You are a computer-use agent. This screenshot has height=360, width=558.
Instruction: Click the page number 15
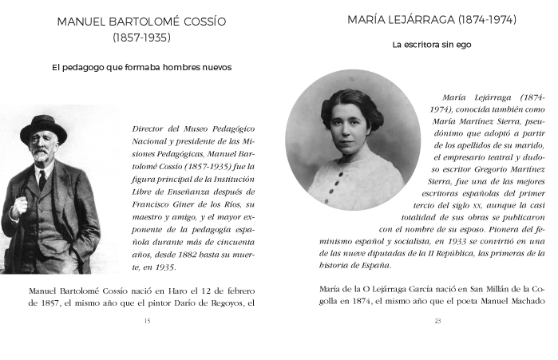click(146, 321)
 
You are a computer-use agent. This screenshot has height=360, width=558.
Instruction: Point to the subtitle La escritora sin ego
click(431, 45)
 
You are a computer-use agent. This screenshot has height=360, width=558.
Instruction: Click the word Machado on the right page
click(521, 303)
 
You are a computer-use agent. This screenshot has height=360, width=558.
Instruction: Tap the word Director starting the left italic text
click(151, 127)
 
